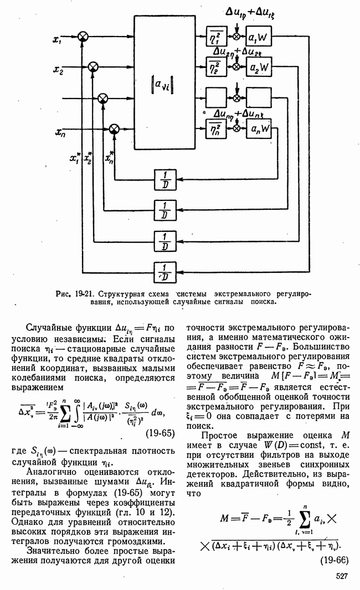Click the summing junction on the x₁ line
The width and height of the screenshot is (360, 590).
(83, 37)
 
